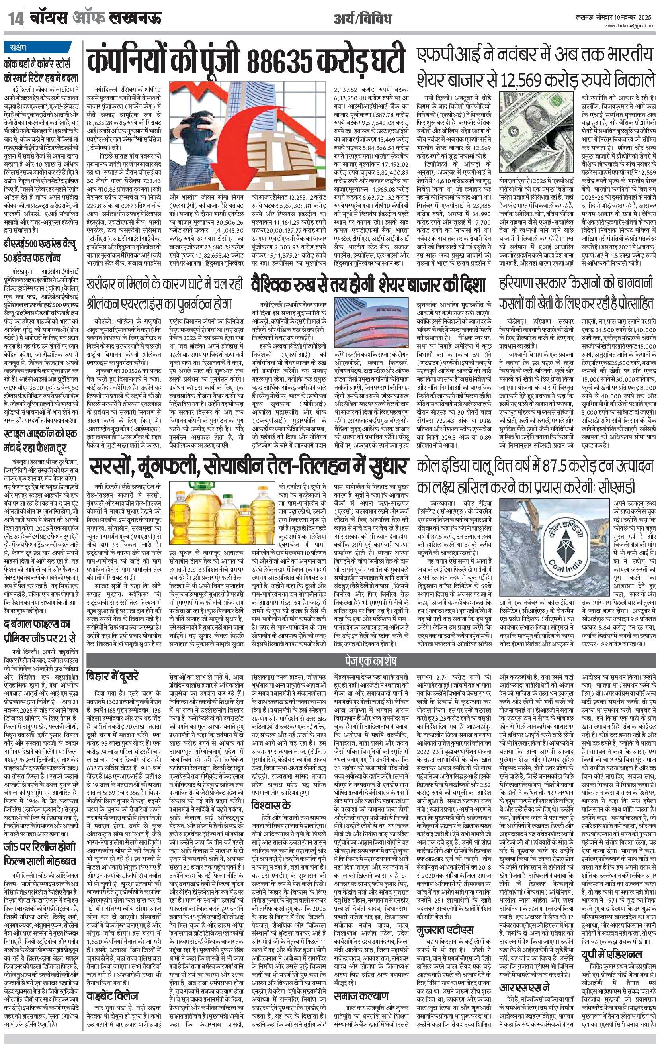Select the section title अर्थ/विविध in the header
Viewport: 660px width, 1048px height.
pos(363,19)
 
